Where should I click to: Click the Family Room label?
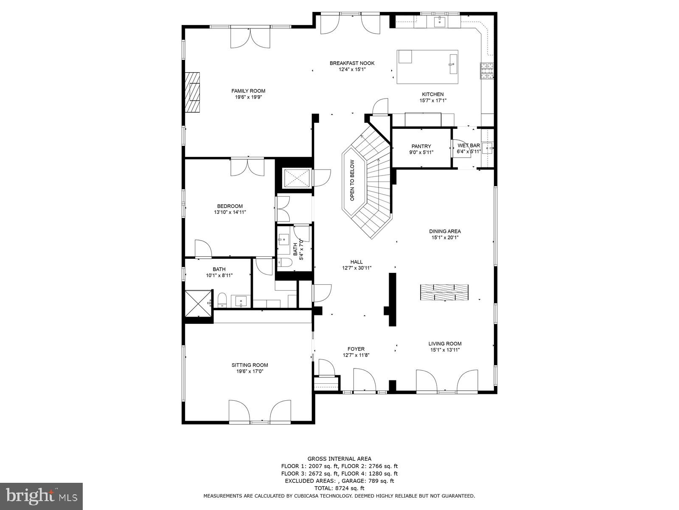pos(248,91)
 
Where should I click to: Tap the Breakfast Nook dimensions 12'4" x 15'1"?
pos(352,70)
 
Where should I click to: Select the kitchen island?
pos(427,67)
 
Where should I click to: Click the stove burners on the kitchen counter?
pos(487,71)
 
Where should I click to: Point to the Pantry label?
pos(421,146)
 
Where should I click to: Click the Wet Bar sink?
pos(486,148)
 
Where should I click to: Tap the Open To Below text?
pos(352,180)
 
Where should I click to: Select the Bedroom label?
pos(230,206)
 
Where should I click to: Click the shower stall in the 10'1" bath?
pos(198,303)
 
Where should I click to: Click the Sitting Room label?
pos(250,365)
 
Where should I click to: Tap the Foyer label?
pos(356,349)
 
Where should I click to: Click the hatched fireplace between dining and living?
pos(444,292)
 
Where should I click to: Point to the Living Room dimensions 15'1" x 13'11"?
pos(445,350)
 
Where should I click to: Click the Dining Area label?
pos(445,231)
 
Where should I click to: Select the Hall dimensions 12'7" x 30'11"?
pos(356,268)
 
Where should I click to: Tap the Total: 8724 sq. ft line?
pos(339,488)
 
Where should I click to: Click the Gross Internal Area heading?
pos(339,459)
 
